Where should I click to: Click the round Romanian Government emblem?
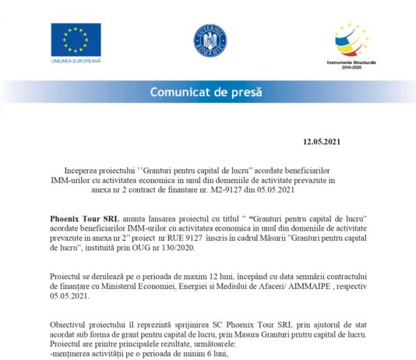point(210,40)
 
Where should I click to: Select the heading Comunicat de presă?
point(208,92)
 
